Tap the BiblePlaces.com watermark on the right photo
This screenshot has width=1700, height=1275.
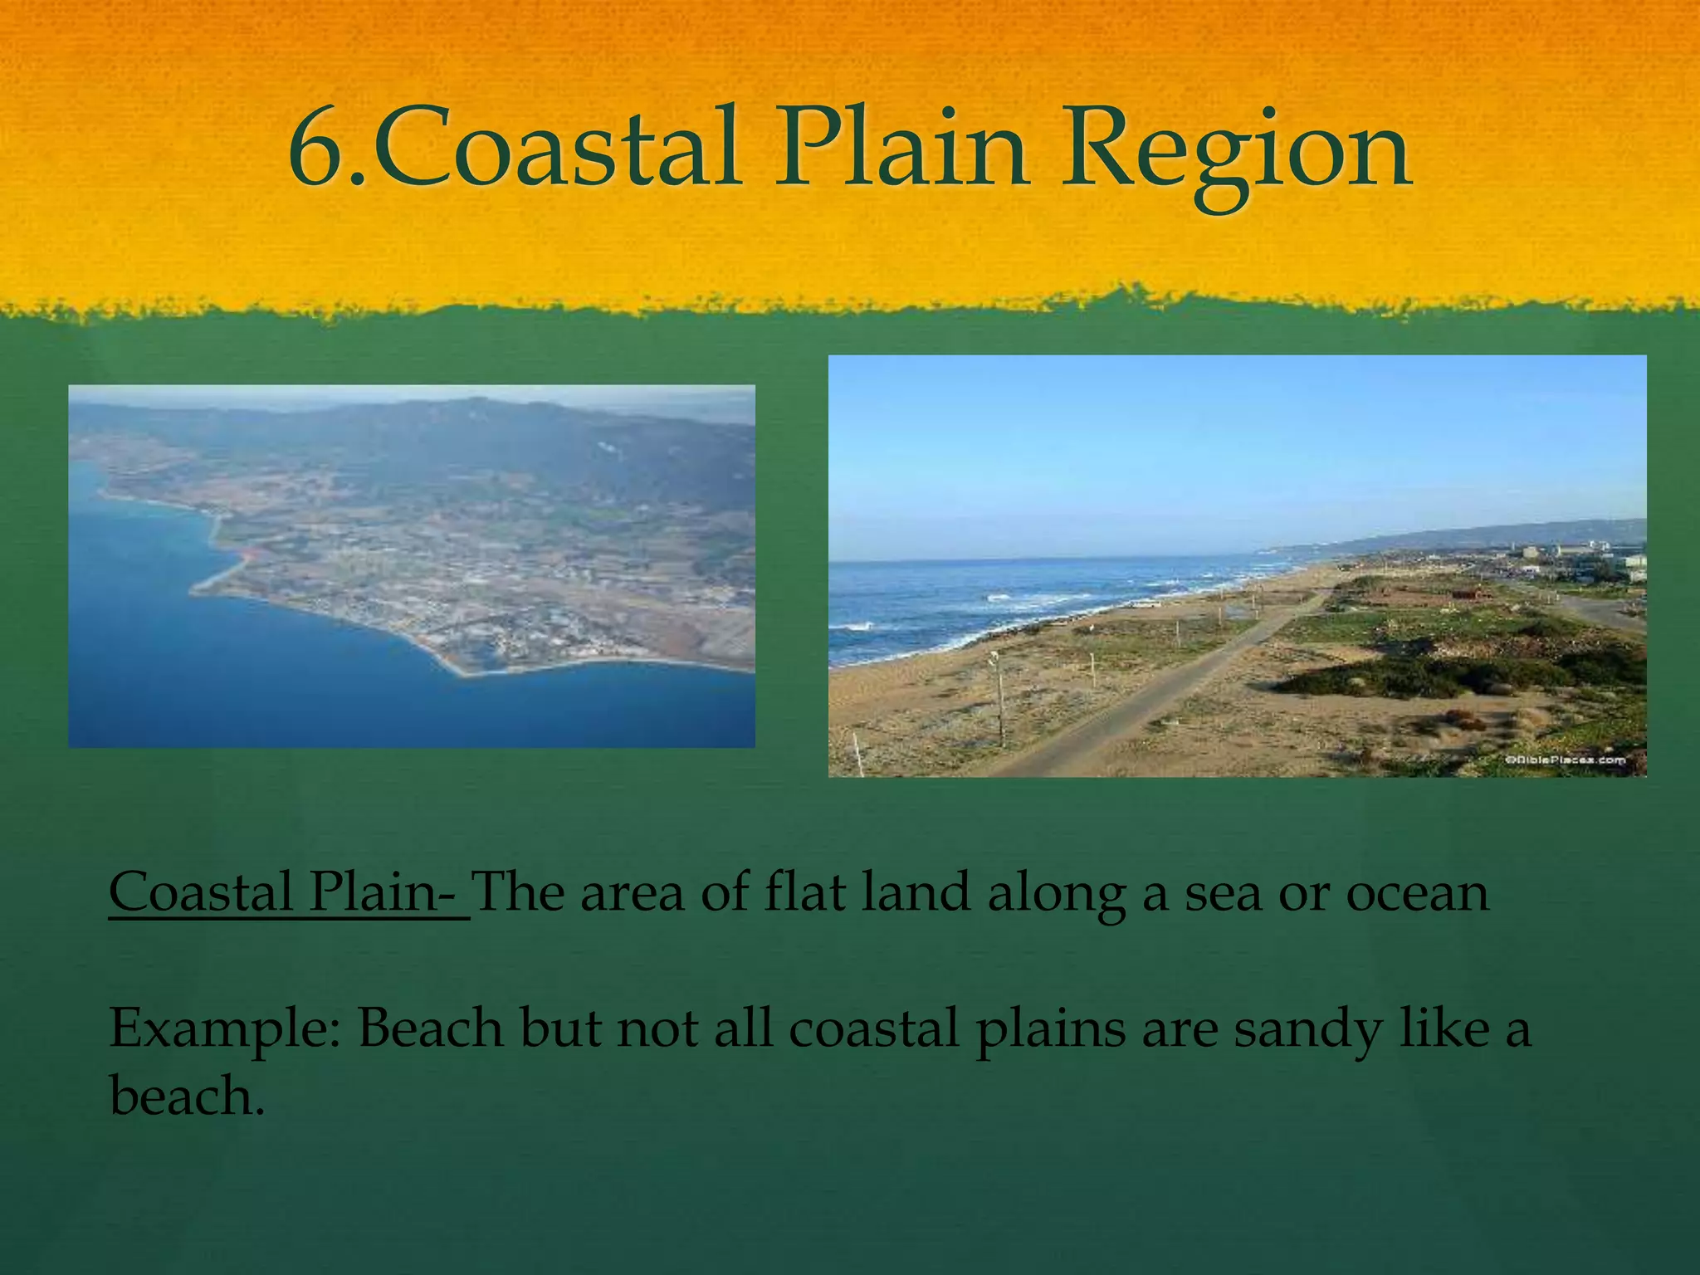1565,760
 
